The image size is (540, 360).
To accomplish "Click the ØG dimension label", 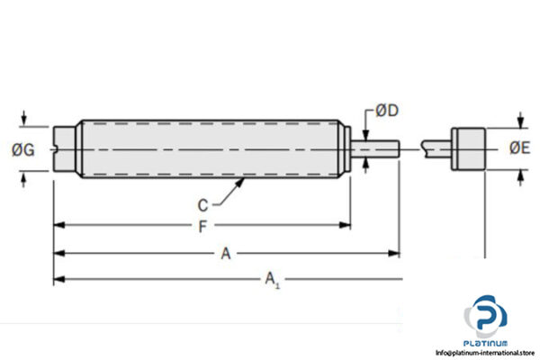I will [25, 149].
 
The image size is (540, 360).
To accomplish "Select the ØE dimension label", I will [519, 148].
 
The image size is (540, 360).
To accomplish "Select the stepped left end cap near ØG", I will [65, 148].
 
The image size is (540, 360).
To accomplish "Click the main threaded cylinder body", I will [211, 148].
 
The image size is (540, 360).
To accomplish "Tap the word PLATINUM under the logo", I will [486, 344].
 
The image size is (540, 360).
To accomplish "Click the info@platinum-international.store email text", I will [485, 354].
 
